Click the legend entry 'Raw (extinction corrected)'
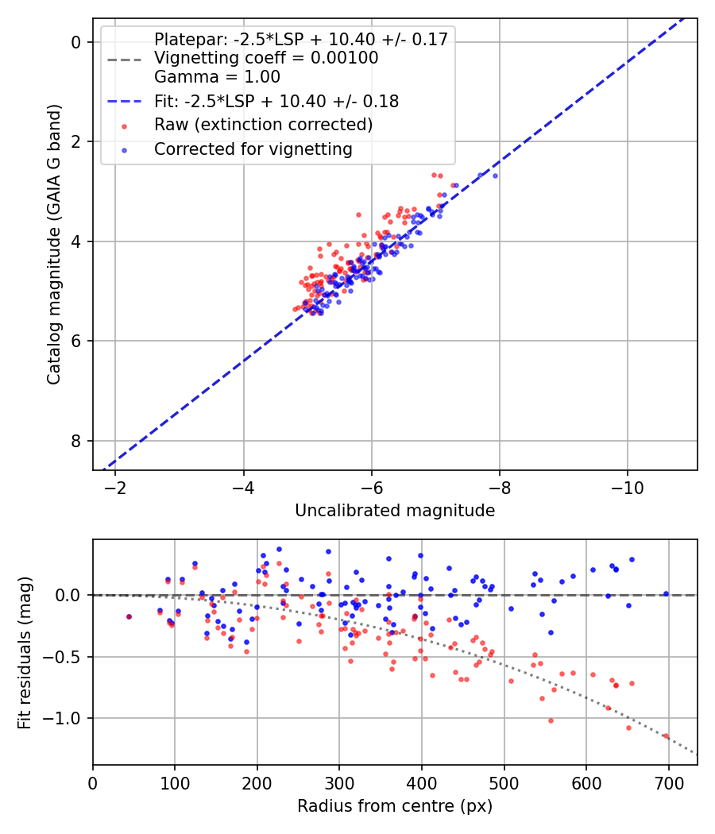pyautogui.click(x=263, y=125)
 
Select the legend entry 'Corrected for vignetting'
pyautogui.click(x=253, y=149)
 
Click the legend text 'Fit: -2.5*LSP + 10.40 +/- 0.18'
pyautogui.click(x=276, y=101)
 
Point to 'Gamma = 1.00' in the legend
pyautogui.click(x=217, y=77)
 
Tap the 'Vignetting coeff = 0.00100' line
pyautogui.click(x=266, y=58)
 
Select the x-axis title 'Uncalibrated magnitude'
pyautogui.click(x=395, y=511)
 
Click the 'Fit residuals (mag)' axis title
pyautogui.click(x=24, y=651)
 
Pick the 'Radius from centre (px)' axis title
pyautogui.click(x=395, y=806)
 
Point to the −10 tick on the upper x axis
pyautogui.click(x=627, y=485)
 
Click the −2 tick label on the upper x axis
pyautogui.click(x=115, y=485)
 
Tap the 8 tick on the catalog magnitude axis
pyautogui.click(x=77, y=441)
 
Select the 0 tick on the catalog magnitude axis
pyautogui.click(x=77, y=42)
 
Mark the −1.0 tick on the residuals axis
pyautogui.click(x=68, y=718)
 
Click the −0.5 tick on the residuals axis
pyautogui.click(x=68, y=657)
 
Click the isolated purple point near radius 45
pyautogui.click(x=129, y=616)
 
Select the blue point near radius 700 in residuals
pyautogui.click(x=666, y=593)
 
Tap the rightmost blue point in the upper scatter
pyautogui.click(x=495, y=176)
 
